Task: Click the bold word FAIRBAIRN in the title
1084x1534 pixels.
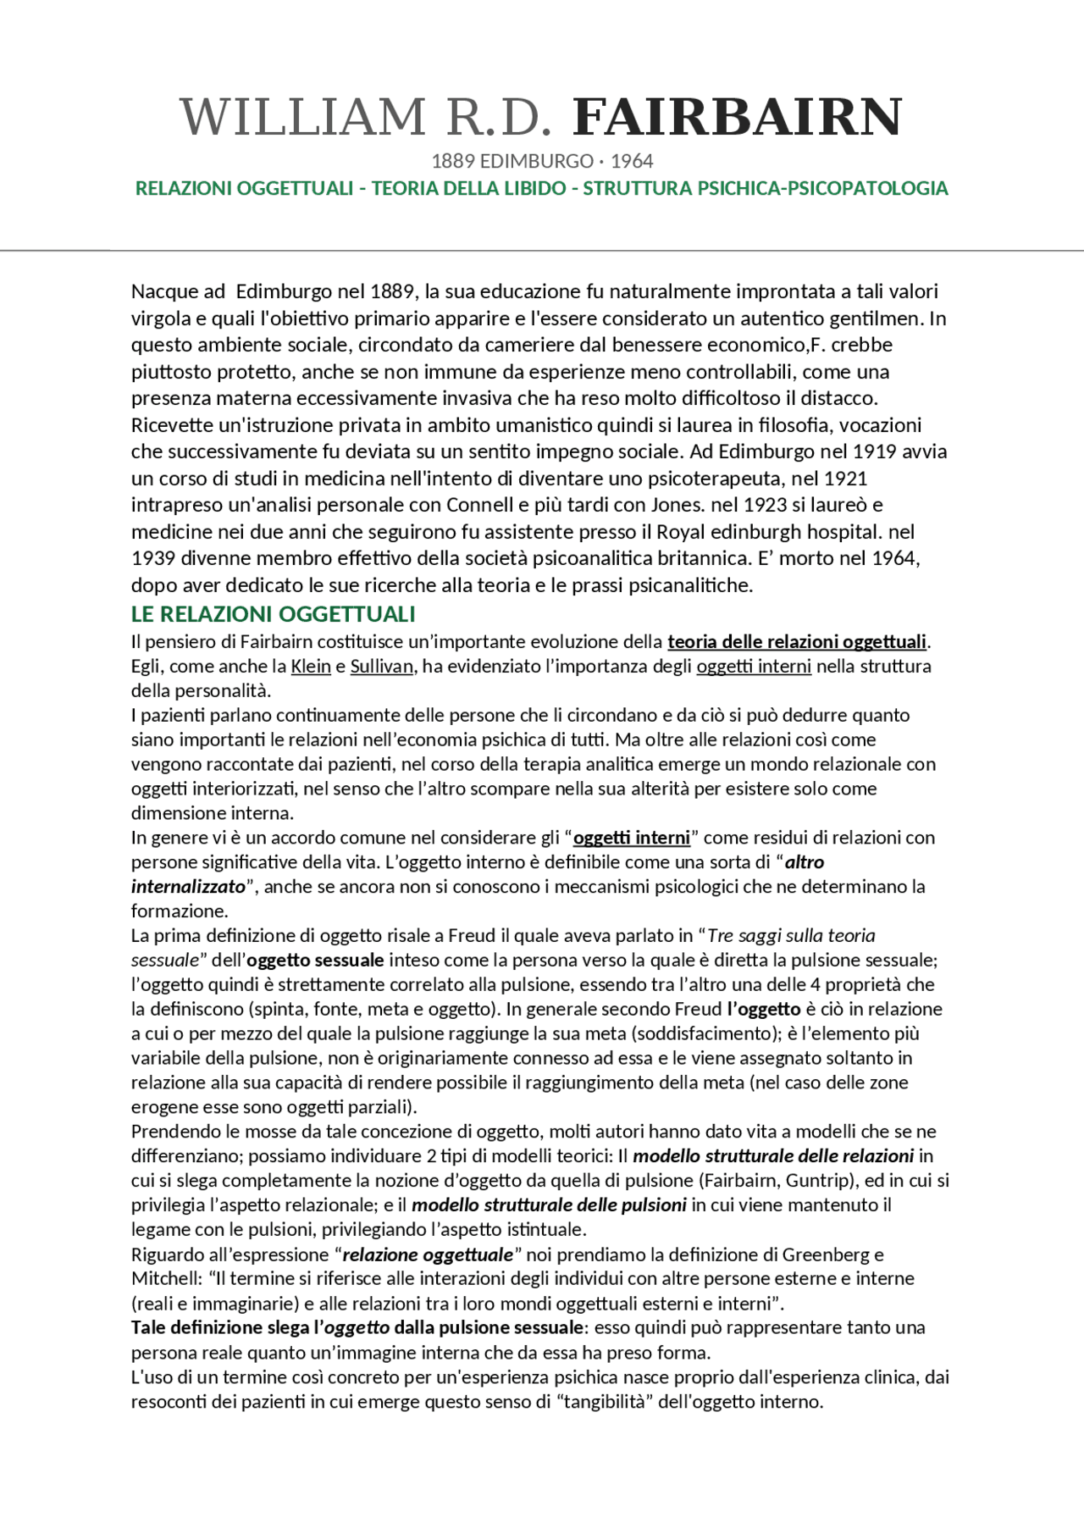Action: [x=737, y=117]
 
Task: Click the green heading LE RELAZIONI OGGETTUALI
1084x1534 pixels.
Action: [x=273, y=613]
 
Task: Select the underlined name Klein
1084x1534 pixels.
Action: [x=310, y=667]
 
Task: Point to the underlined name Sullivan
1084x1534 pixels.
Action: [x=381, y=667]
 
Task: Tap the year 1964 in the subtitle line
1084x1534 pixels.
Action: [x=632, y=161]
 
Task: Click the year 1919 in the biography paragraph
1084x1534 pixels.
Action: [x=876, y=451]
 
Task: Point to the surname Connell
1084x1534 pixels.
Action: [x=479, y=505]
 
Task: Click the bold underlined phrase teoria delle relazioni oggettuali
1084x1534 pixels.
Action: [x=798, y=642]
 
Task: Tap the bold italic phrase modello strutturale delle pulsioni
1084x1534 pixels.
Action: [x=548, y=1205]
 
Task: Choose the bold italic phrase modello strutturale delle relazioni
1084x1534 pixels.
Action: [x=772, y=1156]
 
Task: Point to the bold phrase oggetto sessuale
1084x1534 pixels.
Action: [x=315, y=961]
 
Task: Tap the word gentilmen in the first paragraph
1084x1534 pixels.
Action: [x=876, y=318]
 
